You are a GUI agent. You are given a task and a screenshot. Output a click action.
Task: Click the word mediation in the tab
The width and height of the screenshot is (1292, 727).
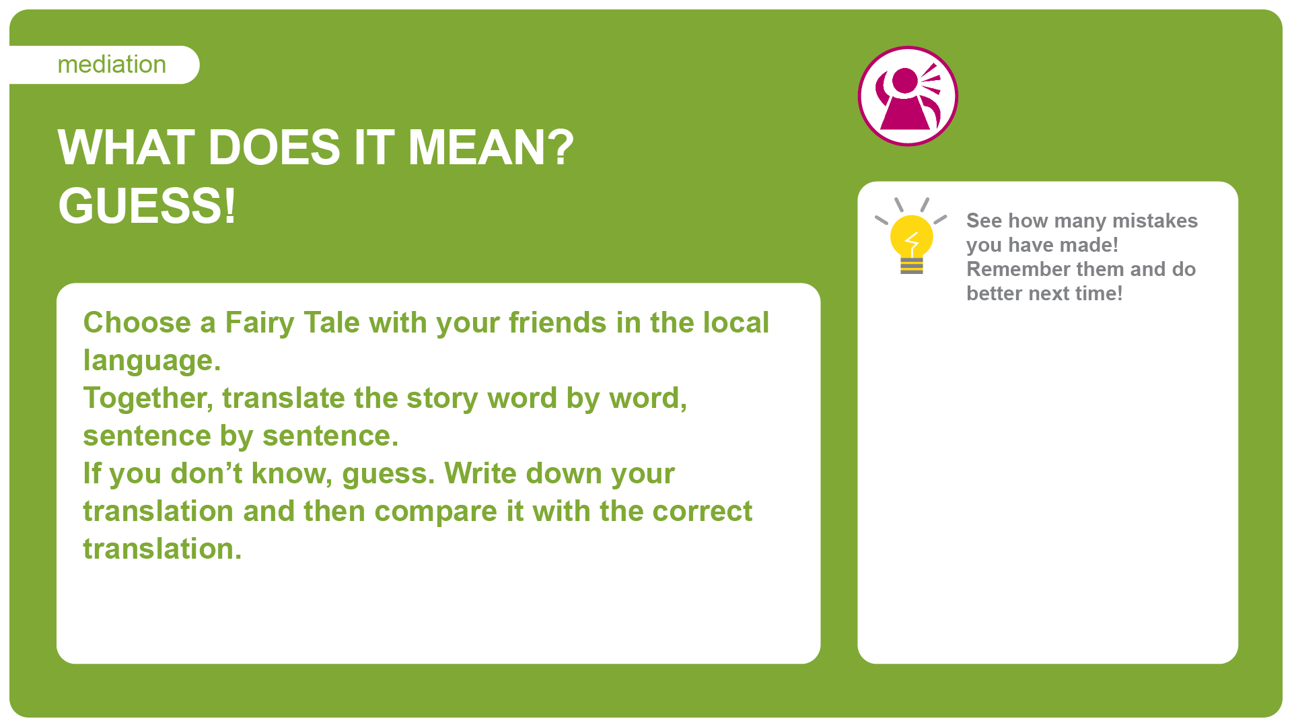coord(112,65)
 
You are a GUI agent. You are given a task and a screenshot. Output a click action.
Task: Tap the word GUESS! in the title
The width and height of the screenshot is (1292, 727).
coord(147,205)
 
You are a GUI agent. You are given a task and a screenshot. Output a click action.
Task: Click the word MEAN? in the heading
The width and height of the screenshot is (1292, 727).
coord(491,147)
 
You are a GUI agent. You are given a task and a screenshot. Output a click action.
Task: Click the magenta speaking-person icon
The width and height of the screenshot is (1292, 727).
coord(908,96)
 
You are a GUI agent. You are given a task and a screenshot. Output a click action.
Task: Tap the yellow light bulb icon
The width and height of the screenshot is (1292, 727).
coord(911,236)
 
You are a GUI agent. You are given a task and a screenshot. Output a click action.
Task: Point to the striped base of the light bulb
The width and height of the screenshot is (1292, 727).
coord(912,266)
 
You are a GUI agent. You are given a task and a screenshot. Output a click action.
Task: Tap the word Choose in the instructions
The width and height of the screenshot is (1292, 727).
coord(137,322)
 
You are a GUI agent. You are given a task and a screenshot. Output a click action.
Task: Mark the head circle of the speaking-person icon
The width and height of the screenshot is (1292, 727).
coord(905,81)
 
